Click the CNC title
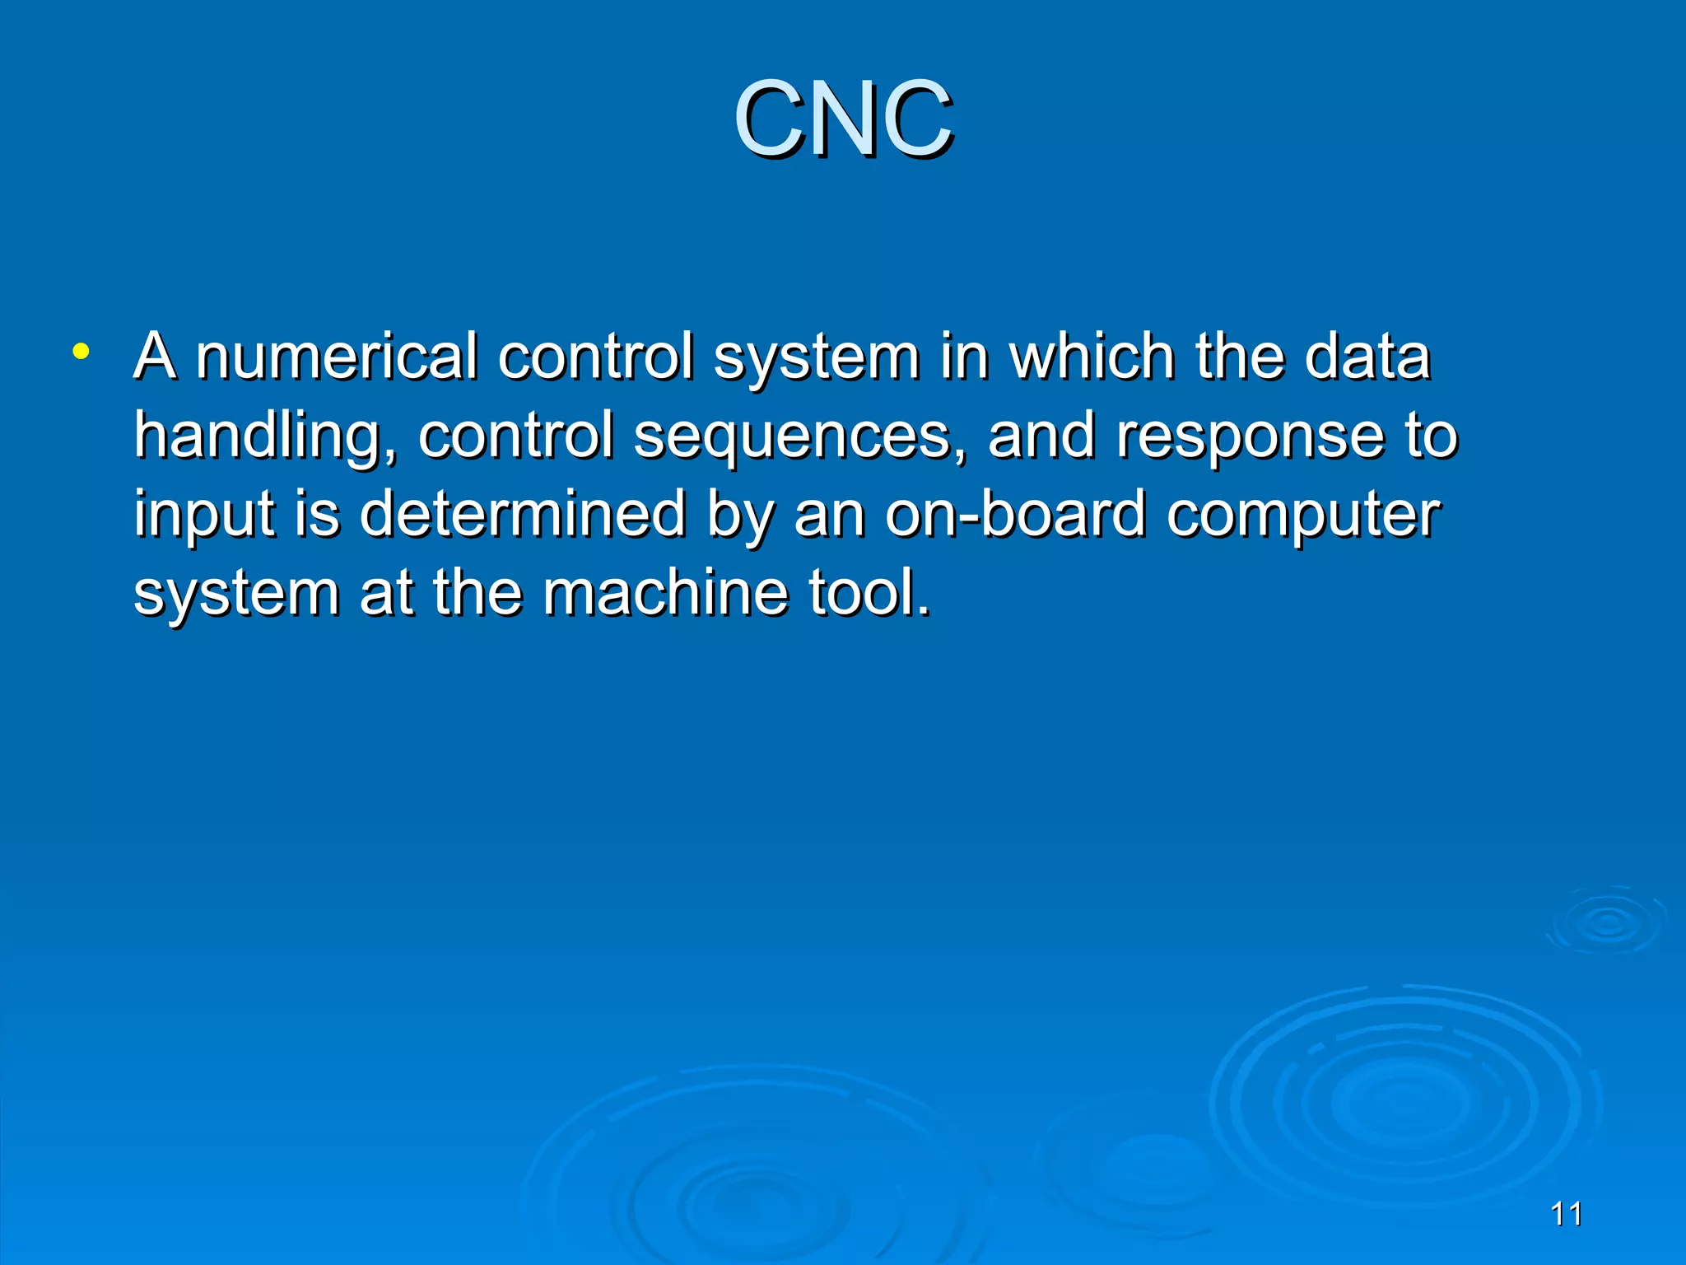pos(843,119)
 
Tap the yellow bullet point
pos(80,352)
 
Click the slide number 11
pos(1566,1214)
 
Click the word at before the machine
pos(386,592)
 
